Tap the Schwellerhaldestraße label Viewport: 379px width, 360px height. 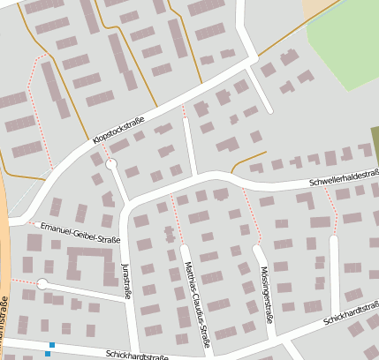point(344,178)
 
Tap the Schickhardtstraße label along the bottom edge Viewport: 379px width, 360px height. point(136,356)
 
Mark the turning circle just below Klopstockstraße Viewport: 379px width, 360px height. point(111,164)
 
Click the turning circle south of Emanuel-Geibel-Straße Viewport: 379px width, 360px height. point(42,283)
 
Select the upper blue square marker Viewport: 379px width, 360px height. point(52,344)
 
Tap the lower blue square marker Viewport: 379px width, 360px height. point(47,354)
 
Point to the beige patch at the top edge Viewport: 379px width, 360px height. point(315,9)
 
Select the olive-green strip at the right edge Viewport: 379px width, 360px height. point(375,141)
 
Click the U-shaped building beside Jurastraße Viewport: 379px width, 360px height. point(90,263)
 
